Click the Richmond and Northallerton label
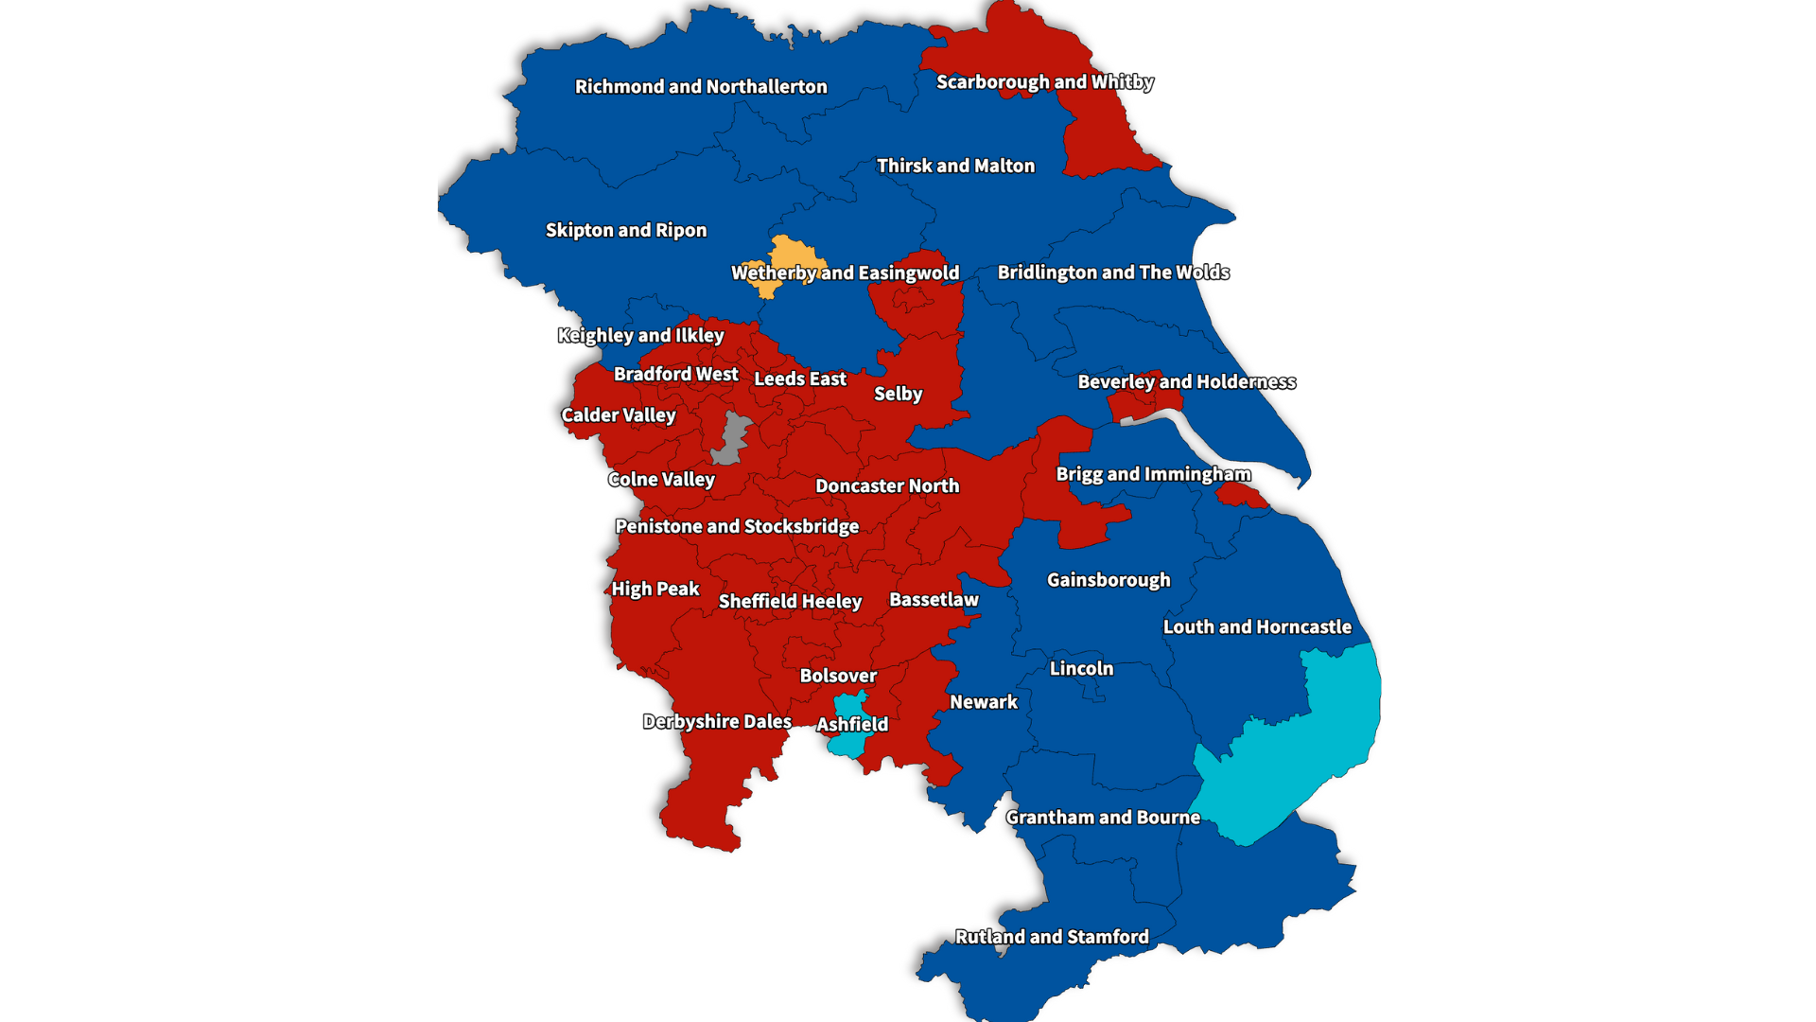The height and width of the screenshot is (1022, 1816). pyautogui.click(x=701, y=87)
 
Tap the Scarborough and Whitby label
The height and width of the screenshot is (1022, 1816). pyautogui.click(x=1044, y=82)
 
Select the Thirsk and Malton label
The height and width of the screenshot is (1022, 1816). pyautogui.click(x=955, y=167)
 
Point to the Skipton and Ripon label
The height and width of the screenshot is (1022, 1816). pyautogui.click(x=625, y=231)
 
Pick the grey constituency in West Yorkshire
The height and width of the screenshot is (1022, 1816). pyautogui.click(x=731, y=438)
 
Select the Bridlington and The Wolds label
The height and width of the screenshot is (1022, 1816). pyautogui.click(x=1113, y=273)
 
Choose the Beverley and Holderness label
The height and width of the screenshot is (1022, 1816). pyautogui.click(x=1186, y=382)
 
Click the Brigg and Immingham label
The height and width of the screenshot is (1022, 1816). pyautogui.click(x=1153, y=474)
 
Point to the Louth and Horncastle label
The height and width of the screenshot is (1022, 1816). pyautogui.click(x=1257, y=627)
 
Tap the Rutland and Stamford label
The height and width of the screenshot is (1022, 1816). pyautogui.click(x=1052, y=937)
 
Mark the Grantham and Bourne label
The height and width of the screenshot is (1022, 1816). pyautogui.click(x=1103, y=818)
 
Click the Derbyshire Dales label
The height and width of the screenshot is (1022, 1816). pyautogui.click(x=717, y=722)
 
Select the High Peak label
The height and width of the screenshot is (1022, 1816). pyautogui.click(x=655, y=590)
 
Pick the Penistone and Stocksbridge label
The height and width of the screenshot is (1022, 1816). pyautogui.click(x=737, y=527)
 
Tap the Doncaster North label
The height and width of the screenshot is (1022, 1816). pyautogui.click(x=887, y=486)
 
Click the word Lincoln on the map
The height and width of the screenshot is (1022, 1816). pyautogui.click(x=1081, y=669)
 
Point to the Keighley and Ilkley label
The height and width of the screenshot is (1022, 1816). pyautogui.click(x=640, y=336)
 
